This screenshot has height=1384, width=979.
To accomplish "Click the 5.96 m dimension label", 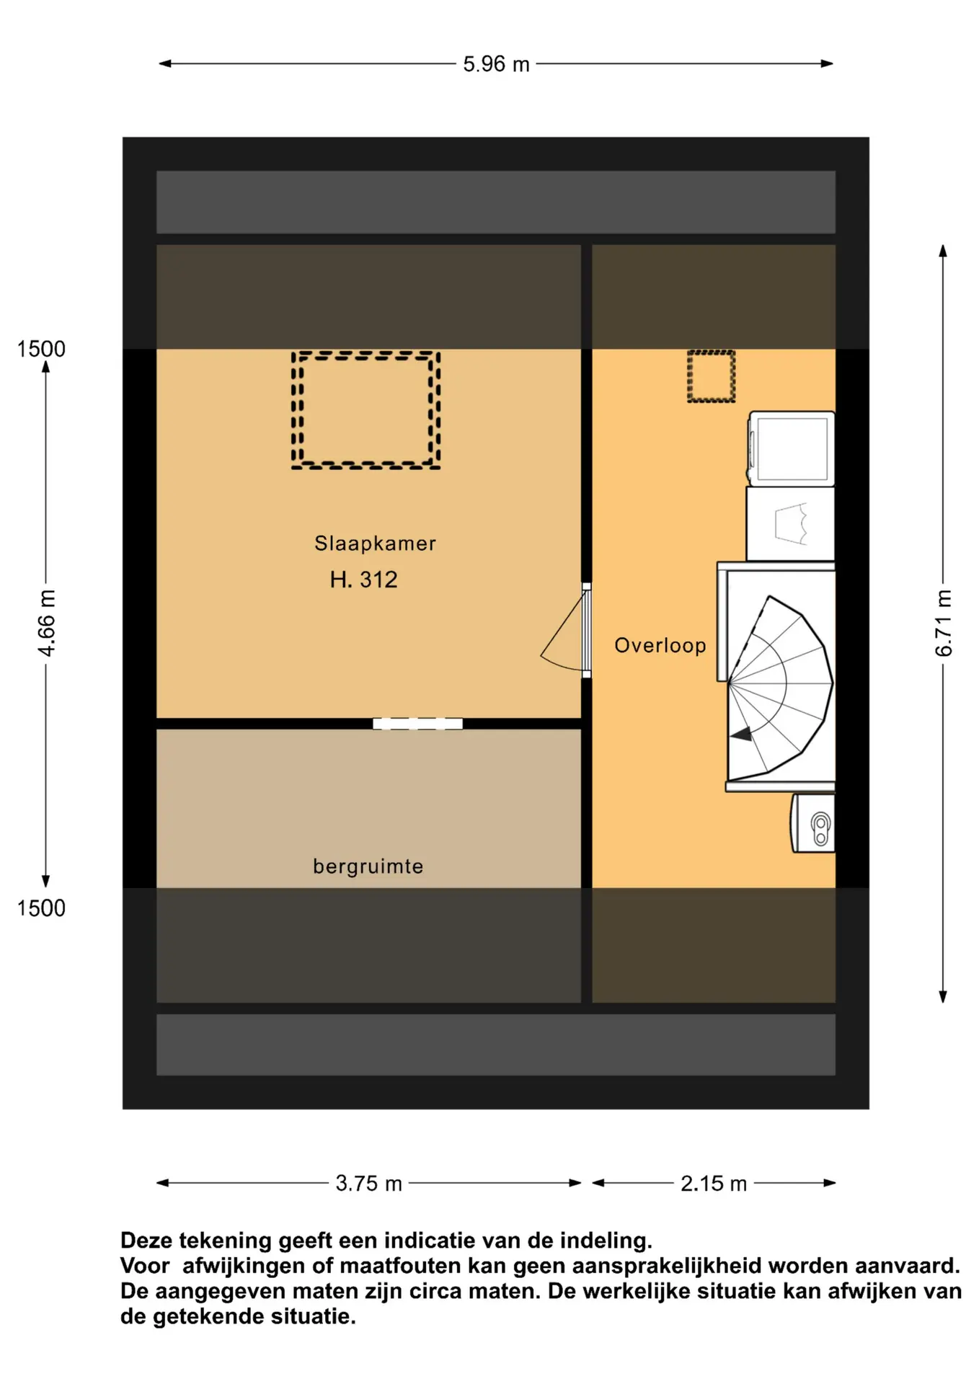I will coord(496,64).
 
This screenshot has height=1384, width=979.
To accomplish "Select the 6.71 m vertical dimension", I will coord(943,623).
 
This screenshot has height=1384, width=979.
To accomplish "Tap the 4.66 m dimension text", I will coord(46,623).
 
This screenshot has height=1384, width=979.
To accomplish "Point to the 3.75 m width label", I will coord(368,1183).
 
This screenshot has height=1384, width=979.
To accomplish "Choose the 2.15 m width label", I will coord(713,1183).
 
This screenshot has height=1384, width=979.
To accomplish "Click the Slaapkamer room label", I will coord(375,544).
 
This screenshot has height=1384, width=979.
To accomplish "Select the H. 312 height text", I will coord(363,580).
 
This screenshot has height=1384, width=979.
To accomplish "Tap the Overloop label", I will coord(660,645).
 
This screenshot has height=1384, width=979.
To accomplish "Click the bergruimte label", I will coord(368,866).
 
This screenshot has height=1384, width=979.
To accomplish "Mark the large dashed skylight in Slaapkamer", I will coord(366,410).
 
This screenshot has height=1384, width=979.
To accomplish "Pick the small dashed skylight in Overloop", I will coord(711,376).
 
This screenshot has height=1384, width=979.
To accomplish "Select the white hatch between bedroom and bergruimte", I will coord(417,724).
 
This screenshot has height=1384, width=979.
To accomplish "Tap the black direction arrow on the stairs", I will coord(741,735).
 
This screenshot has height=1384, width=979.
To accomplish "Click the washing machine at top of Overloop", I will coord(792,448).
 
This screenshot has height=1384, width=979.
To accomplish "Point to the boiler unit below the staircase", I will coord(813,824).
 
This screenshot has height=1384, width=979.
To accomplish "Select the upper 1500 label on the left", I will coord(41,349).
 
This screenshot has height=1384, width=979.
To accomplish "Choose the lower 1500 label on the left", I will coord(41,908).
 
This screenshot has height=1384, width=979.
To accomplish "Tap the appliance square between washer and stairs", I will coord(790,524).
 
